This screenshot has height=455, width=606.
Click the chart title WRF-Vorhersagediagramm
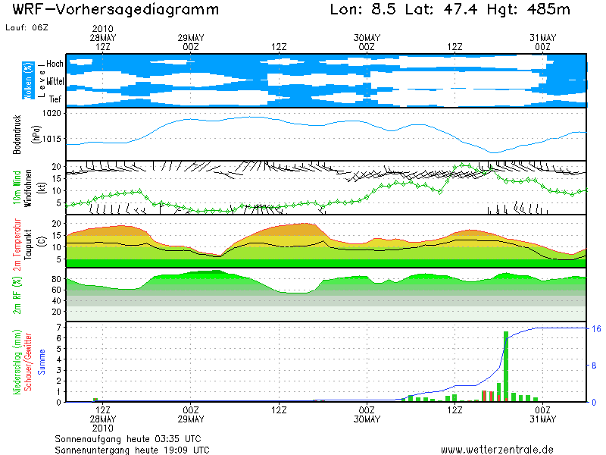click(x=116, y=11)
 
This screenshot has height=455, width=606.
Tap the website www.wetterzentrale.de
click(x=497, y=449)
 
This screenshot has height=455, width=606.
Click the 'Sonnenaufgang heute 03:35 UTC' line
click(x=128, y=438)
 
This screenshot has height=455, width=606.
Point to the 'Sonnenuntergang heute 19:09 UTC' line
click(x=132, y=449)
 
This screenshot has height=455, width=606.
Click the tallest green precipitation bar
click(x=505, y=366)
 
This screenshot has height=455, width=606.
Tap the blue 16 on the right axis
click(x=596, y=328)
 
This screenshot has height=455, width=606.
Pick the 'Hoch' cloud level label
click(x=55, y=63)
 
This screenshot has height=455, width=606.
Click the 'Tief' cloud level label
click(x=55, y=99)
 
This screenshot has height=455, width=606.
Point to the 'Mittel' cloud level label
click(x=55, y=80)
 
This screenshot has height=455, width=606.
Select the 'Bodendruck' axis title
click(x=16, y=135)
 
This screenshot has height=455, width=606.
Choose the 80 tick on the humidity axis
click(x=55, y=279)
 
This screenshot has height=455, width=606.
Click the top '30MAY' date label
click(x=367, y=37)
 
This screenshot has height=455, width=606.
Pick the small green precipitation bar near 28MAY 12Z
click(x=95, y=400)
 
